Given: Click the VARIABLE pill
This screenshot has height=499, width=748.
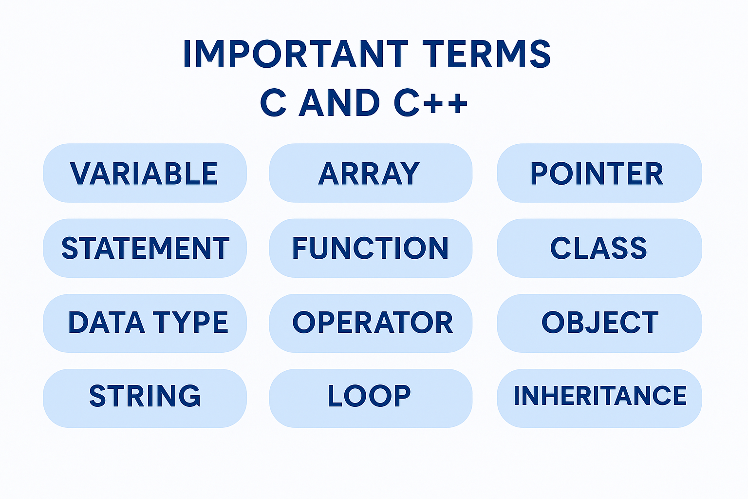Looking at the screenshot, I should [145, 173].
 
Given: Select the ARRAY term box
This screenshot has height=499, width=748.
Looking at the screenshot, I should [370, 173].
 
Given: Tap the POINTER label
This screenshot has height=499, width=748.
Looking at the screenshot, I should [598, 173].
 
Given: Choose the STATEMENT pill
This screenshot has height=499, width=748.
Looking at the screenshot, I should [145, 248].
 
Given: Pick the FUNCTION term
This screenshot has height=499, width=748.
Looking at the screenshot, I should [370, 248].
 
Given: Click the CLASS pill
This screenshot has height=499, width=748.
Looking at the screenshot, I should [598, 248].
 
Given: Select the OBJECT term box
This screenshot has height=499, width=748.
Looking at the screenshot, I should [599, 323].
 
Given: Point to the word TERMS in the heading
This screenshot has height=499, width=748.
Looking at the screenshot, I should [486, 54].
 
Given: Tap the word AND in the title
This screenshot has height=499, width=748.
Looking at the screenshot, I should [339, 103].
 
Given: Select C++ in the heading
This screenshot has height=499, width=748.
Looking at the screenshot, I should [430, 103].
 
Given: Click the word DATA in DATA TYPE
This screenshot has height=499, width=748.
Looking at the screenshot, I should [106, 323].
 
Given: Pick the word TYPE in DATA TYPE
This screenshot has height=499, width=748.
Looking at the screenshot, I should [190, 323].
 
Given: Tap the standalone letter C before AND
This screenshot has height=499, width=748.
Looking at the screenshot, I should [273, 103].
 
